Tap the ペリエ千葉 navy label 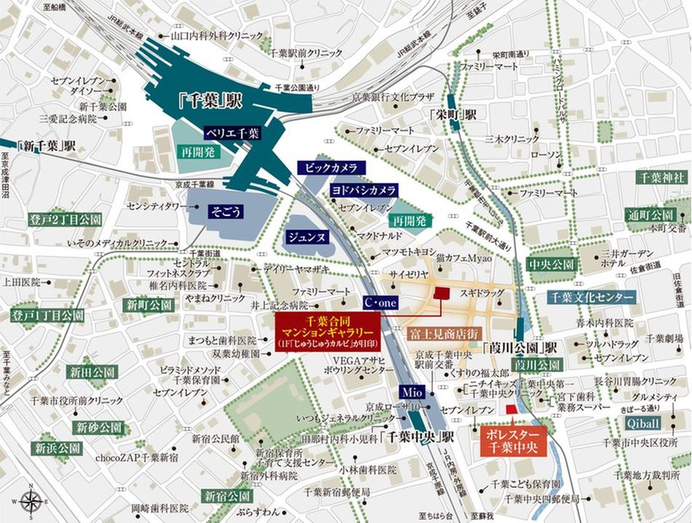[231, 133]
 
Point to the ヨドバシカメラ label [364, 190]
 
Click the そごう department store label [226, 211]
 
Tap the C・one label [380, 301]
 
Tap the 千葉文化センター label [591, 297]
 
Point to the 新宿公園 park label [228, 495]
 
